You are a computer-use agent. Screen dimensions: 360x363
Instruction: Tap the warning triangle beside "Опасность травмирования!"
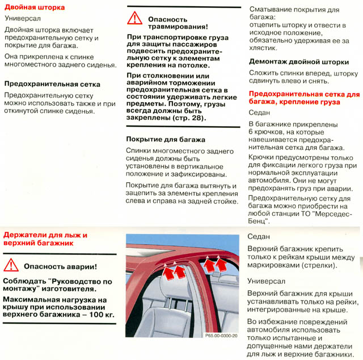click(x=134, y=18)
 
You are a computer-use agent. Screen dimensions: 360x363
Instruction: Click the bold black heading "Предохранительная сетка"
click(x=52, y=84)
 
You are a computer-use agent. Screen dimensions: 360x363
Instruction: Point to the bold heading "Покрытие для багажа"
click(x=165, y=139)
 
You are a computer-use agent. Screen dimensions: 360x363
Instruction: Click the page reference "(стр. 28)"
click(x=189, y=119)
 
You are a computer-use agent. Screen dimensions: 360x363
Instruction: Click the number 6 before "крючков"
click(x=251, y=132)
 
